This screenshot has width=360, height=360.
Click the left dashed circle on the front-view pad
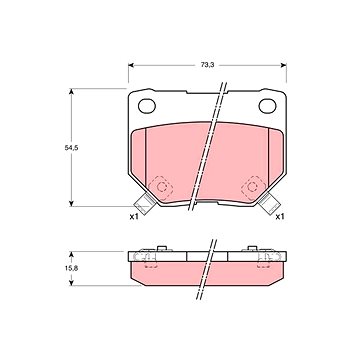[164, 185]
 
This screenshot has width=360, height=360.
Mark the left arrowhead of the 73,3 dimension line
[130, 72]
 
